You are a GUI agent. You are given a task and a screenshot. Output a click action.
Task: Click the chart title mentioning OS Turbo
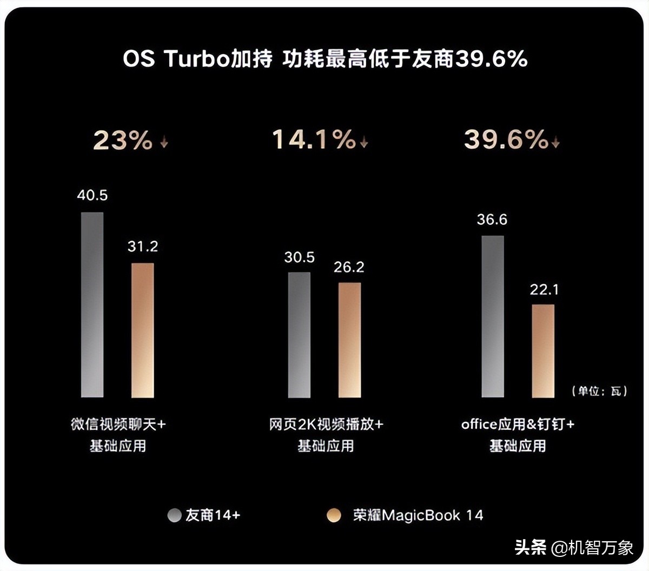325,58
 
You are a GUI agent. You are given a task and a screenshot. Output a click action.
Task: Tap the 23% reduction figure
123,140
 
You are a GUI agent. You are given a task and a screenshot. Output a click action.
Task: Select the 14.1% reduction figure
314,140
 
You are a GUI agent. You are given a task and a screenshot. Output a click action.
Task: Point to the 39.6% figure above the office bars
506,140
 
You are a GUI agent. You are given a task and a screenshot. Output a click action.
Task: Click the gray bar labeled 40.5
92,304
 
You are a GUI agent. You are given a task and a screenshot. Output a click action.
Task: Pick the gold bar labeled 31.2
143,330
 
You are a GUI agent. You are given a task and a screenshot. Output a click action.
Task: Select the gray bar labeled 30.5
299,335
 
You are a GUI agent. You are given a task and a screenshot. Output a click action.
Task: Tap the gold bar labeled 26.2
349,340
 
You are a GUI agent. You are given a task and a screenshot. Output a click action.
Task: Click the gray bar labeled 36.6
493,316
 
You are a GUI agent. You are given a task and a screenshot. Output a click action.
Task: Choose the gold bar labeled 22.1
543,351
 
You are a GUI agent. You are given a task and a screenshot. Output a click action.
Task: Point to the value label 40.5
92,195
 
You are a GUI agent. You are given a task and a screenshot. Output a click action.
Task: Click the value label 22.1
544,290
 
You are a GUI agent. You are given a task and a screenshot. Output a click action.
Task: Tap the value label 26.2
349,267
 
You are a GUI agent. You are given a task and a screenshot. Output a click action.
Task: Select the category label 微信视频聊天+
118,424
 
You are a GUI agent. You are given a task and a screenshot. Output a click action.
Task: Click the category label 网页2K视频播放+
326,424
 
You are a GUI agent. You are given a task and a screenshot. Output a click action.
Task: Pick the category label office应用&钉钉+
518,424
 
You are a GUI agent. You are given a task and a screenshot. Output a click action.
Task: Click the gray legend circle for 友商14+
174,515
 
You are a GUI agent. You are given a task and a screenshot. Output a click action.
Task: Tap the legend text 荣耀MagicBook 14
418,515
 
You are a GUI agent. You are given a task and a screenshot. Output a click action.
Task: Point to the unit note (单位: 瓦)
599,391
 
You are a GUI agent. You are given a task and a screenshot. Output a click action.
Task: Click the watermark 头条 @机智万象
574,548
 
